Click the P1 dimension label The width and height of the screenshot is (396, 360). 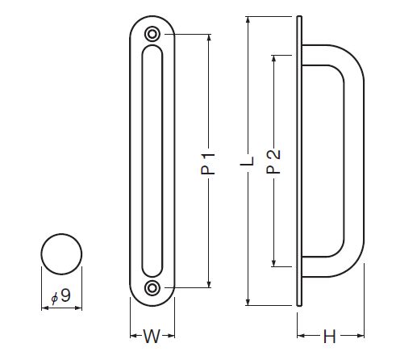tap(208, 163)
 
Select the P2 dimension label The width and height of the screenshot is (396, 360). tap(273, 161)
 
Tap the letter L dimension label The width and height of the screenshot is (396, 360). tap(247, 161)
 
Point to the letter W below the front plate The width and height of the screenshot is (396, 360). tap(152, 336)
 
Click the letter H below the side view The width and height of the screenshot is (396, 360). tap(330, 336)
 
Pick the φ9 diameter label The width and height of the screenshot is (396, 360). tap(61, 296)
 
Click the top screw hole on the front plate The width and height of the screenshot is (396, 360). tap(152, 34)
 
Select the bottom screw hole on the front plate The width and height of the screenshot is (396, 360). tap(152, 288)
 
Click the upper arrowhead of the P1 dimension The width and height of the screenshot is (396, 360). tap(209, 38)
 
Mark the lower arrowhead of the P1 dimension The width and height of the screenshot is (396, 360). tap(209, 283)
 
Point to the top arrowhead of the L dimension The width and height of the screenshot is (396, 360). tap(248, 21)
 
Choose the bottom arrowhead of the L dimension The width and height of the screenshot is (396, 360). tap(248, 301)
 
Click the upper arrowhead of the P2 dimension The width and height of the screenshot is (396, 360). tap(273, 60)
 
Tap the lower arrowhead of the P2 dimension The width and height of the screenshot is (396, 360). tap(273, 262)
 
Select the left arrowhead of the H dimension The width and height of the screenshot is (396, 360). tap(302, 336)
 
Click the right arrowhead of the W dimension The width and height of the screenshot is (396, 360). tap(171, 336)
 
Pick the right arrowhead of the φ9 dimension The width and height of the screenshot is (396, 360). tap(77, 308)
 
